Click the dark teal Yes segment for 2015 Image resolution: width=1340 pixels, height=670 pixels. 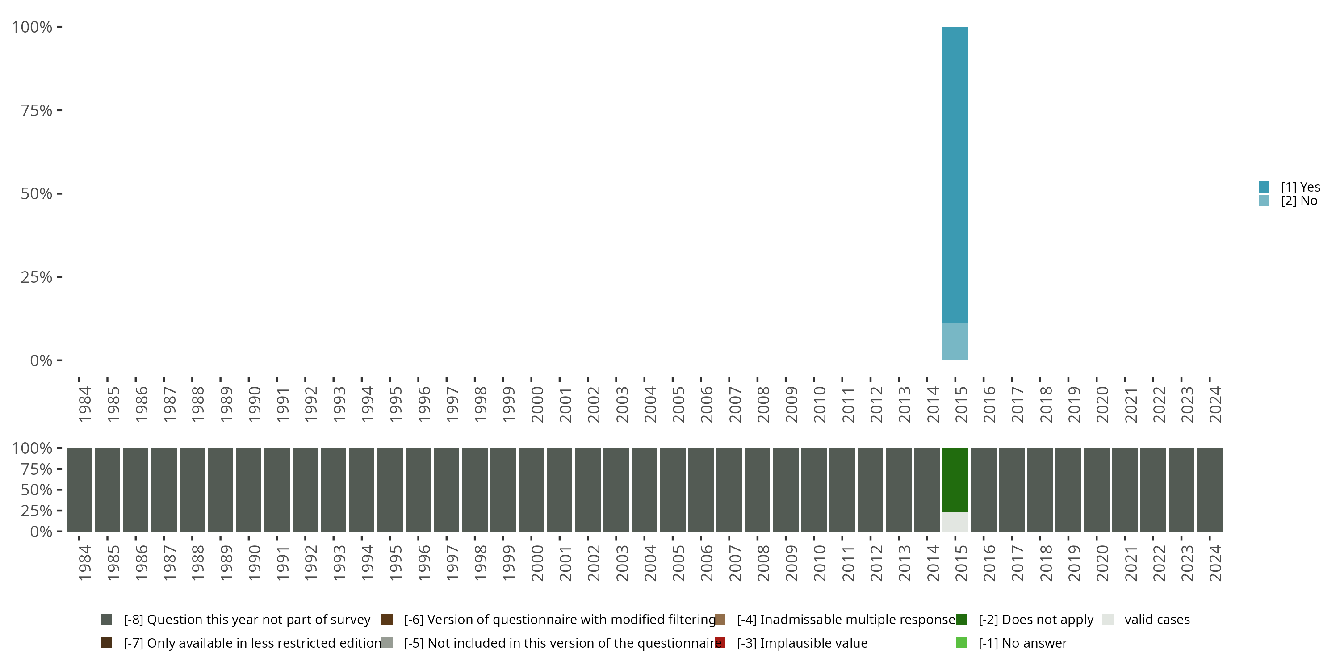(955, 175)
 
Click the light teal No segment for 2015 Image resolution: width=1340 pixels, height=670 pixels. (955, 342)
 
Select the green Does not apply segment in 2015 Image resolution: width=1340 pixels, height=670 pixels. (955, 480)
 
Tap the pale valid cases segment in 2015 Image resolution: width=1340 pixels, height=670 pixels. (955, 522)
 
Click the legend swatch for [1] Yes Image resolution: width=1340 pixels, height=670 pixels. (1264, 187)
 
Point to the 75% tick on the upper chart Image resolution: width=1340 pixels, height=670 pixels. (59, 110)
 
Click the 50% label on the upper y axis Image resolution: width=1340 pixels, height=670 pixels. (37, 194)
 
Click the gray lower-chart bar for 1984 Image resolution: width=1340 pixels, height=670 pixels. (79, 490)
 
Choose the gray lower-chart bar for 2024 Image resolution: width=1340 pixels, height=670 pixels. (1210, 490)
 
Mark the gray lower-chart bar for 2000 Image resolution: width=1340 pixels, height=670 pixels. (531, 490)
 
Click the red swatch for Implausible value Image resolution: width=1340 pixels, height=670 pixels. (720, 643)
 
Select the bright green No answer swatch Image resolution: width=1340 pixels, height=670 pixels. (961, 643)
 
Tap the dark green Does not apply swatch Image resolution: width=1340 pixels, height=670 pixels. (961, 620)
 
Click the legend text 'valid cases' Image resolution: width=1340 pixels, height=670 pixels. (1157, 620)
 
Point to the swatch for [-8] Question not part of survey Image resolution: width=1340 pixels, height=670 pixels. (107, 620)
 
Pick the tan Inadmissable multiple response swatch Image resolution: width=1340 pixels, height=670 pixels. (720, 620)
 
